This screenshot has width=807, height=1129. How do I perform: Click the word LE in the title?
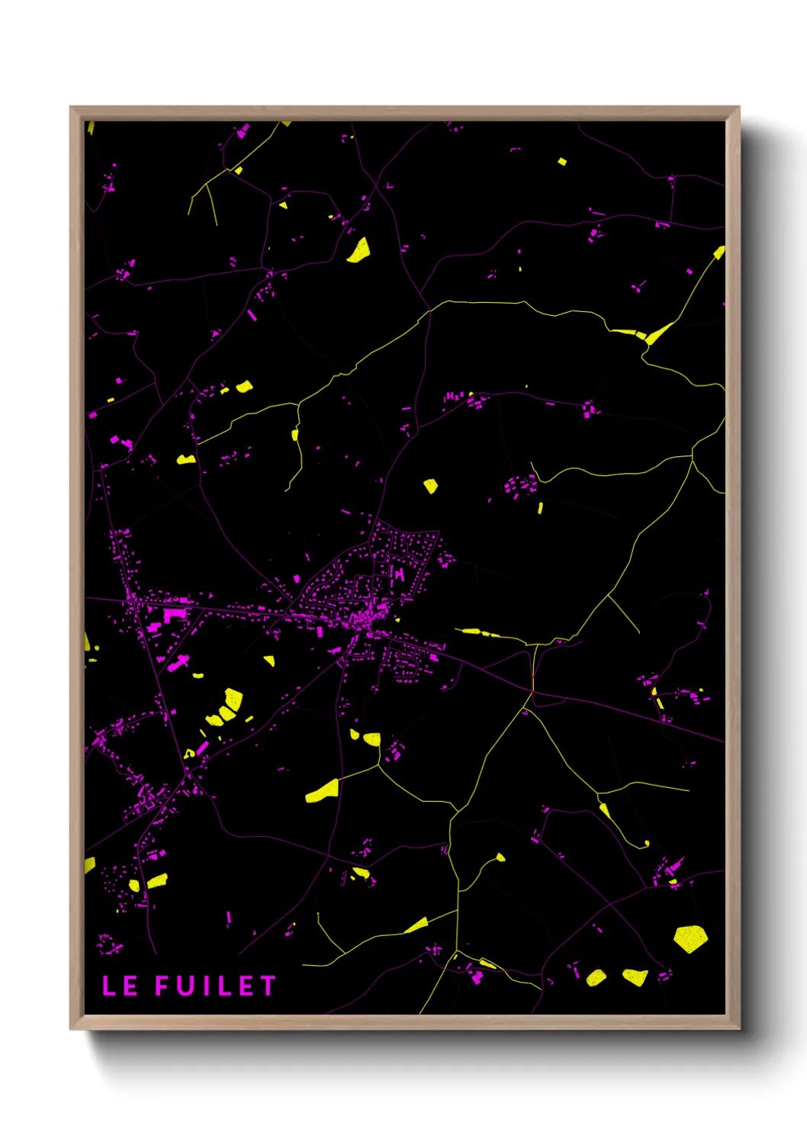pyautogui.click(x=120, y=986)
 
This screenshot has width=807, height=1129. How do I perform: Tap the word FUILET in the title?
pyautogui.click(x=215, y=986)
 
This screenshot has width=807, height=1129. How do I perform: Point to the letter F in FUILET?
pyautogui.click(x=163, y=986)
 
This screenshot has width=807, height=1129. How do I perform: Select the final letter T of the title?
pyautogui.click(x=267, y=986)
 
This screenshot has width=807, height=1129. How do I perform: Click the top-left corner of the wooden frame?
pyautogui.click(x=71, y=108)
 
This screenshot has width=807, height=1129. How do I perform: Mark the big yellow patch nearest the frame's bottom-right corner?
pyautogui.click(x=690, y=938)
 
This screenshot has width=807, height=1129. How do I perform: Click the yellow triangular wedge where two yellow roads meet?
pyautogui.click(x=657, y=333)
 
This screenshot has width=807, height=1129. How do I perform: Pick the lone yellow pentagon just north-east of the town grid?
pyautogui.click(x=431, y=485)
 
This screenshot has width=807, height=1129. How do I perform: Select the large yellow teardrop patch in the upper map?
pyautogui.click(x=358, y=250)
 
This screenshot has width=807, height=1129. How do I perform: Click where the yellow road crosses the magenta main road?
pyautogui.click(x=532, y=691)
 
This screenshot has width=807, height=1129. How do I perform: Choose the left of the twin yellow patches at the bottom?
pyautogui.click(x=596, y=976)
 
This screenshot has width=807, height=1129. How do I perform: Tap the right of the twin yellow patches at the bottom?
pyautogui.click(x=635, y=976)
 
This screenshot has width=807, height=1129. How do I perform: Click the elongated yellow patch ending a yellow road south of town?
pyautogui.click(x=323, y=791)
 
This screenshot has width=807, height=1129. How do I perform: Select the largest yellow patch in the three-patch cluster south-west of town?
pyautogui.click(x=232, y=700)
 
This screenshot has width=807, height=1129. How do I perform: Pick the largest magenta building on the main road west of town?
pyautogui.click(x=173, y=615)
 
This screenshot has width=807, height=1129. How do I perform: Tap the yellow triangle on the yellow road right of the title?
pyautogui.click(x=416, y=926)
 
